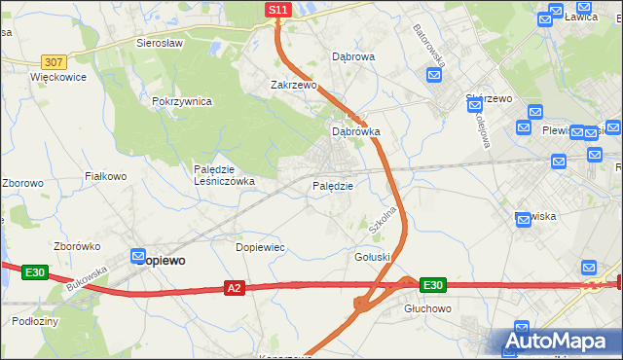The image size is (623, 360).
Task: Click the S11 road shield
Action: (277, 10)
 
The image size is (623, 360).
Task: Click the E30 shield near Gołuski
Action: (433, 285)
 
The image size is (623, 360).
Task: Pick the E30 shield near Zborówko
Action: (35, 272)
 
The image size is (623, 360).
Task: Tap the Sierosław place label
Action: (161, 44)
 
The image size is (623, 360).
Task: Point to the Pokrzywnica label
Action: (182, 101)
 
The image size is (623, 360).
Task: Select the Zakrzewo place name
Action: (294, 85)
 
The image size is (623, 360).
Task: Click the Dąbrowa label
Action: (353, 57)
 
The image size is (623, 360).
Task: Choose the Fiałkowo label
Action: (106, 176)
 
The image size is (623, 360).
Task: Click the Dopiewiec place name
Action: (260, 247)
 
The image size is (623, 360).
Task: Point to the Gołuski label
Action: (372, 256)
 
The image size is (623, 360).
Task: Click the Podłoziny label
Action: (36, 320)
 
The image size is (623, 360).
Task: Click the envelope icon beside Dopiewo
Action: (139, 257)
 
